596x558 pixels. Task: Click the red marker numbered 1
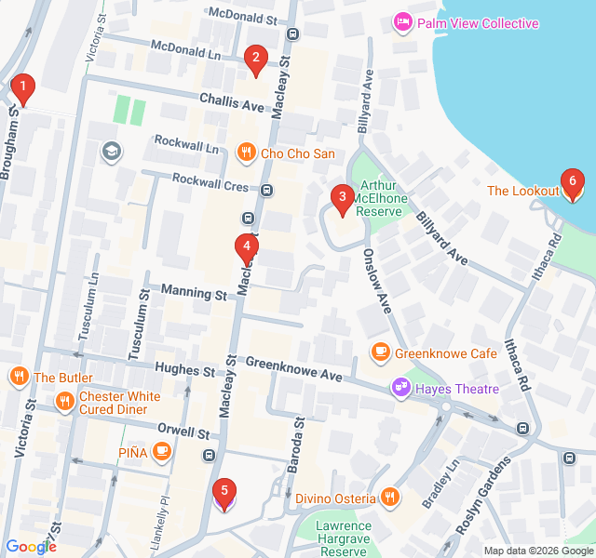click(22, 89)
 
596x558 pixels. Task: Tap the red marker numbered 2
click(255, 60)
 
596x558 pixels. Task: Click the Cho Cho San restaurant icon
click(247, 152)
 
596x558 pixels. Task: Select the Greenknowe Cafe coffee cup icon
click(380, 352)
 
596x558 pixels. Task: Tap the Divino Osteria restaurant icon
click(390, 498)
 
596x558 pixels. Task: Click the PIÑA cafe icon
click(162, 452)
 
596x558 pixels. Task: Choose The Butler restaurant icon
click(19, 377)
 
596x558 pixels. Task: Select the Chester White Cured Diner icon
click(64, 402)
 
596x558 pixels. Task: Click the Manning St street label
click(194, 293)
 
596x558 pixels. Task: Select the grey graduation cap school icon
click(112, 152)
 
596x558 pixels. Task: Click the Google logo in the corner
click(31, 547)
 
